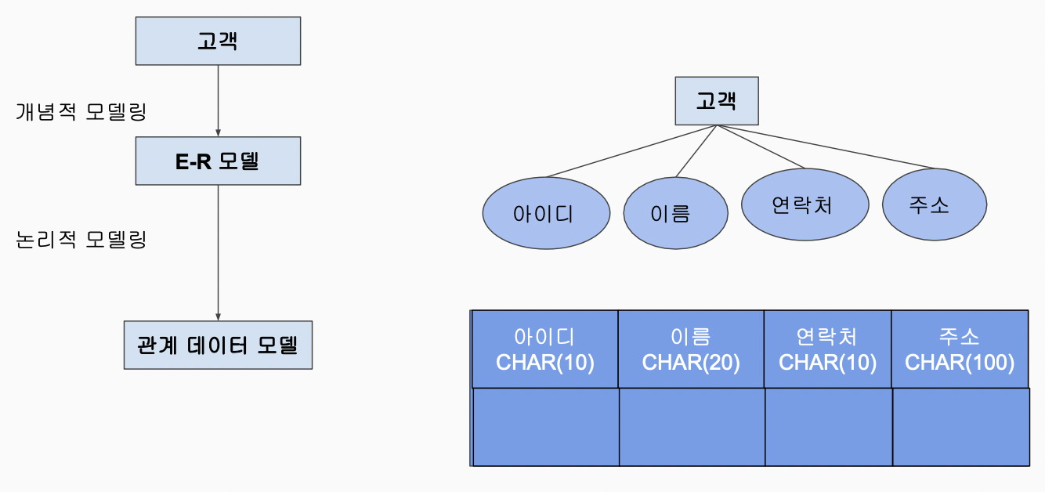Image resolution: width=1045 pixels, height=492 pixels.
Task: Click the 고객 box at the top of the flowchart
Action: [218, 42]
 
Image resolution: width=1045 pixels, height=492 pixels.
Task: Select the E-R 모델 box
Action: [218, 161]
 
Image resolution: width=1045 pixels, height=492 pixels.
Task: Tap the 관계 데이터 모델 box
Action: [218, 345]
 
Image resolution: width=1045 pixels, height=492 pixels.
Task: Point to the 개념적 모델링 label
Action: [81, 111]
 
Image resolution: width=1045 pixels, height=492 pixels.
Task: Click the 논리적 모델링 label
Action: [81, 239]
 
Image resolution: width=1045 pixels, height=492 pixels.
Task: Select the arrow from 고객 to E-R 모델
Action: [218, 100]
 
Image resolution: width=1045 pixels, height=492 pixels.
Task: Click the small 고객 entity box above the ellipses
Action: [716, 100]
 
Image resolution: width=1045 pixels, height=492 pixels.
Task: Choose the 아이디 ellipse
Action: [545, 214]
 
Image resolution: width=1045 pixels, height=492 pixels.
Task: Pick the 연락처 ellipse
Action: [805, 204]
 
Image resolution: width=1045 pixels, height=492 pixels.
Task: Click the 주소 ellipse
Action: [934, 205]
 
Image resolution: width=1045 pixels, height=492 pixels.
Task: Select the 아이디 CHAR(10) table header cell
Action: [545, 349]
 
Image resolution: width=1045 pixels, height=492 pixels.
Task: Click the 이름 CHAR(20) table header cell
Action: [691, 349]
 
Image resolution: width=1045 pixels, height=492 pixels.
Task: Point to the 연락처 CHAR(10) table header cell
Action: [827, 349]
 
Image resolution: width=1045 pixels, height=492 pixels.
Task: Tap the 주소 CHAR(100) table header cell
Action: [960, 349]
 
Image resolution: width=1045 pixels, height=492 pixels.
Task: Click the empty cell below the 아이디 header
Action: [546, 426]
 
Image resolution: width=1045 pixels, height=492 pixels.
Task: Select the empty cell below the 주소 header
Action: [960, 426]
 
